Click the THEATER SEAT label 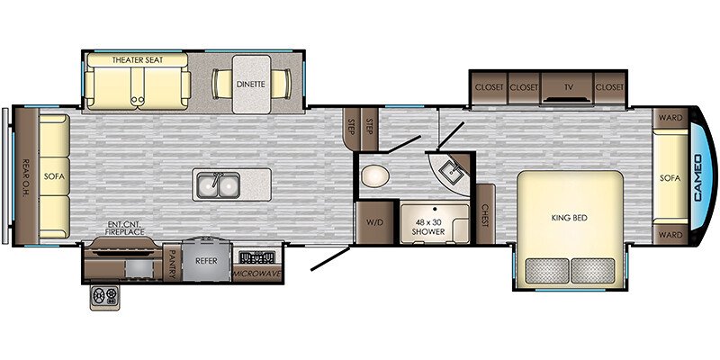(138, 60)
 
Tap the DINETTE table (251, 85)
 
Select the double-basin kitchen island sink (219, 184)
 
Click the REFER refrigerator (206, 260)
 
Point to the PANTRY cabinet (172, 263)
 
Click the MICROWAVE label (256, 274)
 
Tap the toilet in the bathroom (374, 176)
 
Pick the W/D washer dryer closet (375, 222)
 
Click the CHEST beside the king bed (485, 214)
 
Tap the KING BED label (570, 218)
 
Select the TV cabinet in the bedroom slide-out (568, 87)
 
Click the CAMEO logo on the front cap (698, 177)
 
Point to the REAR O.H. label (26, 176)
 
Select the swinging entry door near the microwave (330, 258)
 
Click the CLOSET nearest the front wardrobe (610, 87)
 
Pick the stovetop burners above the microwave (256, 256)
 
